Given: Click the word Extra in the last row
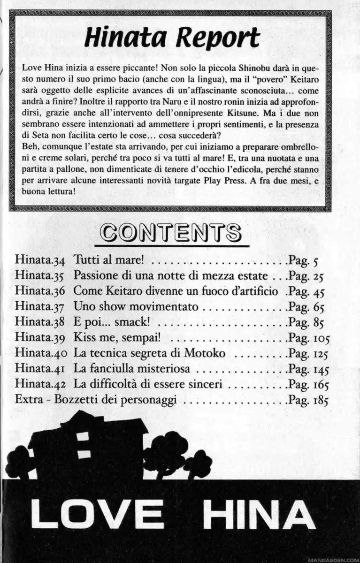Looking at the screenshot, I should point(28,402).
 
